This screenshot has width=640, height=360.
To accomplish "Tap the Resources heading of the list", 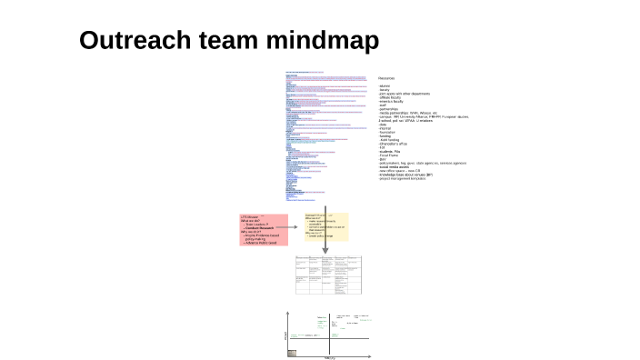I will [x=386, y=78].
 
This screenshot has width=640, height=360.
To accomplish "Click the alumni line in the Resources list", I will [x=385, y=85].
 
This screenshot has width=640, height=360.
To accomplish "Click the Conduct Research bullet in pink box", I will [x=266, y=227].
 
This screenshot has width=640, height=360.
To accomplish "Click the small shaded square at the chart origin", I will [x=292, y=352].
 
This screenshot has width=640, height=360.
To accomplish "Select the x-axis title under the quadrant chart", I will [x=330, y=357].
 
